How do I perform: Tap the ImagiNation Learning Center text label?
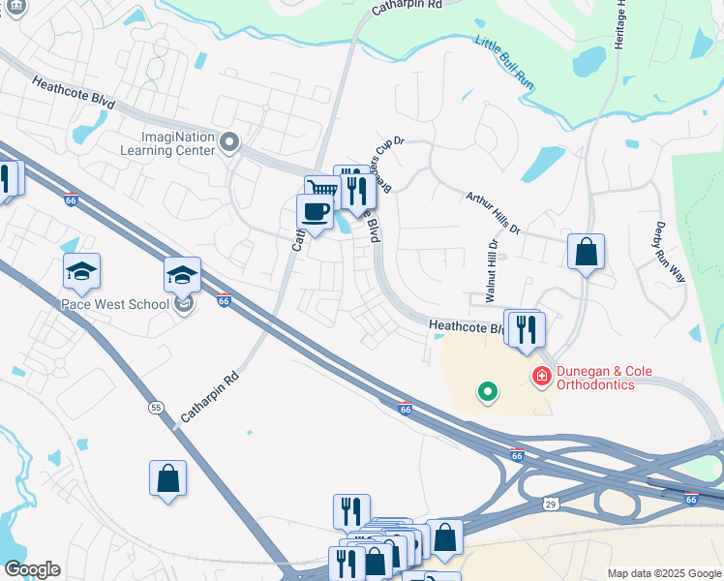(166, 143)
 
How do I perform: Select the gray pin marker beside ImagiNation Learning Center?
(229, 143)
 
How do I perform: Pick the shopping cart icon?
(319, 189)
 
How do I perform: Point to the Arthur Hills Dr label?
(493, 213)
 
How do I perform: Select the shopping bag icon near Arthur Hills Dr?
(586, 253)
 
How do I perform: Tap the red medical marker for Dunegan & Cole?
(541, 375)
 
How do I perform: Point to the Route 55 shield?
(156, 408)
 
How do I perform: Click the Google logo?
(32, 569)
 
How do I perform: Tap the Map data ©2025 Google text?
(664, 573)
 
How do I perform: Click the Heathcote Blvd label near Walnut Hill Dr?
(467, 329)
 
